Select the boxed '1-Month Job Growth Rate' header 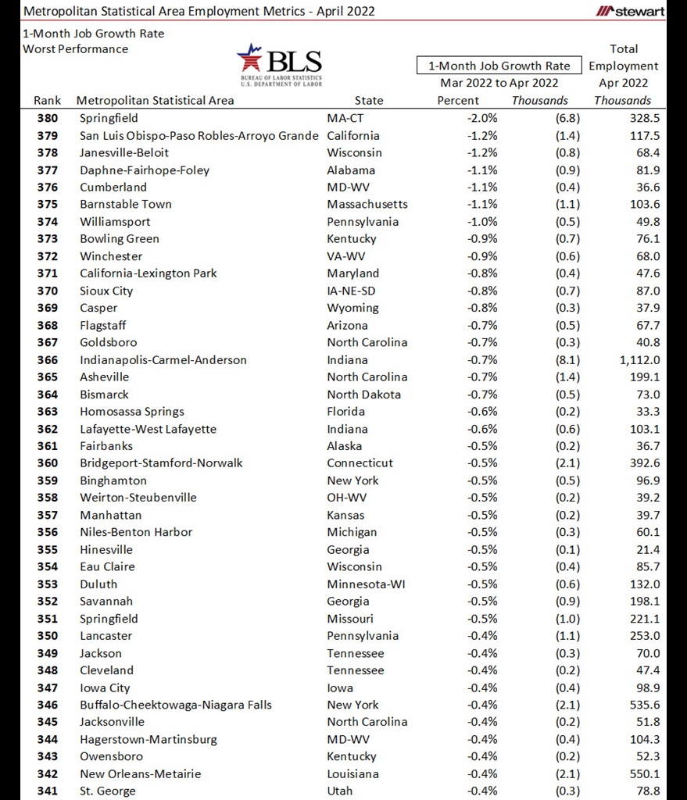499,66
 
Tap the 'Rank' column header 47,100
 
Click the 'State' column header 369,100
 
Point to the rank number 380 47,118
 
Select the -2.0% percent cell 481,118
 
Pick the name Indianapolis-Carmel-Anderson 163,360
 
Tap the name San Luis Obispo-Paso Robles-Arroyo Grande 199,135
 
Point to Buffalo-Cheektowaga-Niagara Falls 176,705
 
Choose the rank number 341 47,791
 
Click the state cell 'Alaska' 345,446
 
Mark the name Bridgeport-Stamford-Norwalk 161,463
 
